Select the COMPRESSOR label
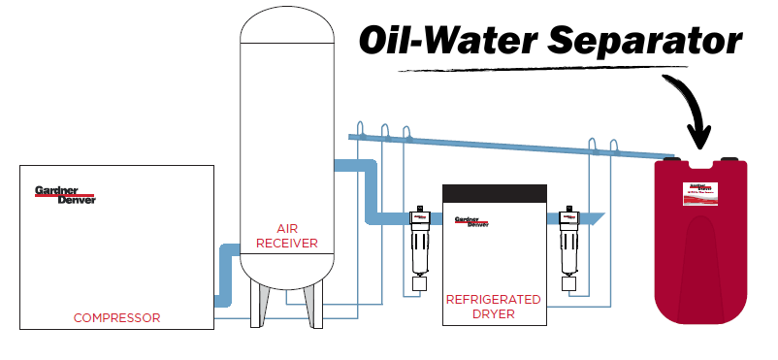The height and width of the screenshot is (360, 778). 116,317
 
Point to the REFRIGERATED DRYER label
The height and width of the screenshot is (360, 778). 493,307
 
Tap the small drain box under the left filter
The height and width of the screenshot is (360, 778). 419,284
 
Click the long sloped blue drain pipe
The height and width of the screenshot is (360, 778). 514,147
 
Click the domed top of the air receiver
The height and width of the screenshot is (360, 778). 287,24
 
